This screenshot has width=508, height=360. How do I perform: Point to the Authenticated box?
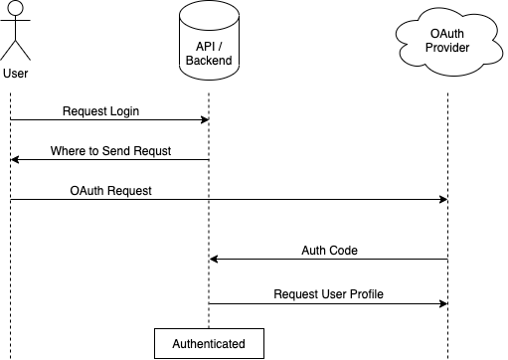pos(209,343)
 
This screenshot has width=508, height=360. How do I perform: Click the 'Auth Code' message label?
pos(329,250)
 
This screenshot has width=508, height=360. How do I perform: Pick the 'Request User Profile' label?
pos(329,294)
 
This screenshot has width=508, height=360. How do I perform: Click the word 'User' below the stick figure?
pos(16,74)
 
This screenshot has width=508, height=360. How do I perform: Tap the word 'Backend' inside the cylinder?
pos(209,61)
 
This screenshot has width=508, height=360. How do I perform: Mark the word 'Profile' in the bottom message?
pos(365,294)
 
